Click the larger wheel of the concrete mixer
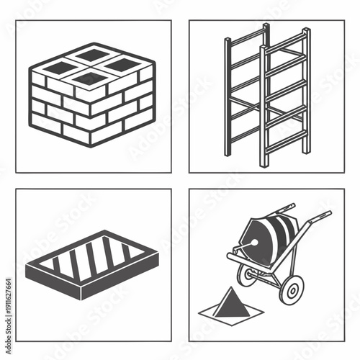click(x=292, y=289)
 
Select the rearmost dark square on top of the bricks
click(x=92, y=54)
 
